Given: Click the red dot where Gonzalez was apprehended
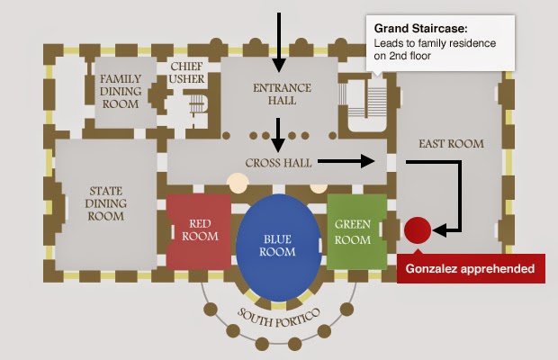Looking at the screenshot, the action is [x=418, y=230].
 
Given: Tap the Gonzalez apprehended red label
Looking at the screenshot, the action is [x=471, y=268].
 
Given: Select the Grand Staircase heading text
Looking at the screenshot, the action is [x=420, y=29].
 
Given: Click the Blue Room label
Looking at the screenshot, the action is [x=277, y=246].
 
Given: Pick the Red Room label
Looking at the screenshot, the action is [x=200, y=229].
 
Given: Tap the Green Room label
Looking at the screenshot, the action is [x=353, y=232].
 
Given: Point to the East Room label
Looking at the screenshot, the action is [x=451, y=144].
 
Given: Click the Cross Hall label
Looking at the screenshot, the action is [x=278, y=163].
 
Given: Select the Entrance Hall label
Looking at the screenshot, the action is [x=282, y=94].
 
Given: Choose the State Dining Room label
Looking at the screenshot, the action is [x=105, y=203].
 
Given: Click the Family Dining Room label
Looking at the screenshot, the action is [x=121, y=92].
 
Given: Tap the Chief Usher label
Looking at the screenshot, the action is [x=186, y=73].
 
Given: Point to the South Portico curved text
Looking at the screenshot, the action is [x=279, y=319].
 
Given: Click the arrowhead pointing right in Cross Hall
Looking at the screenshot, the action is [x=368, y=161].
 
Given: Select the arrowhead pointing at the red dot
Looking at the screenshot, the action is [x=440, y=230].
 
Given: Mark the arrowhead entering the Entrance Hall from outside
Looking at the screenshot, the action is [x=279, y=66].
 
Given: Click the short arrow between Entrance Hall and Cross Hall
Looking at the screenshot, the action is [x=278, y=135].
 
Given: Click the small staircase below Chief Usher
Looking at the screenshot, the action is [x=197, y=104].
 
